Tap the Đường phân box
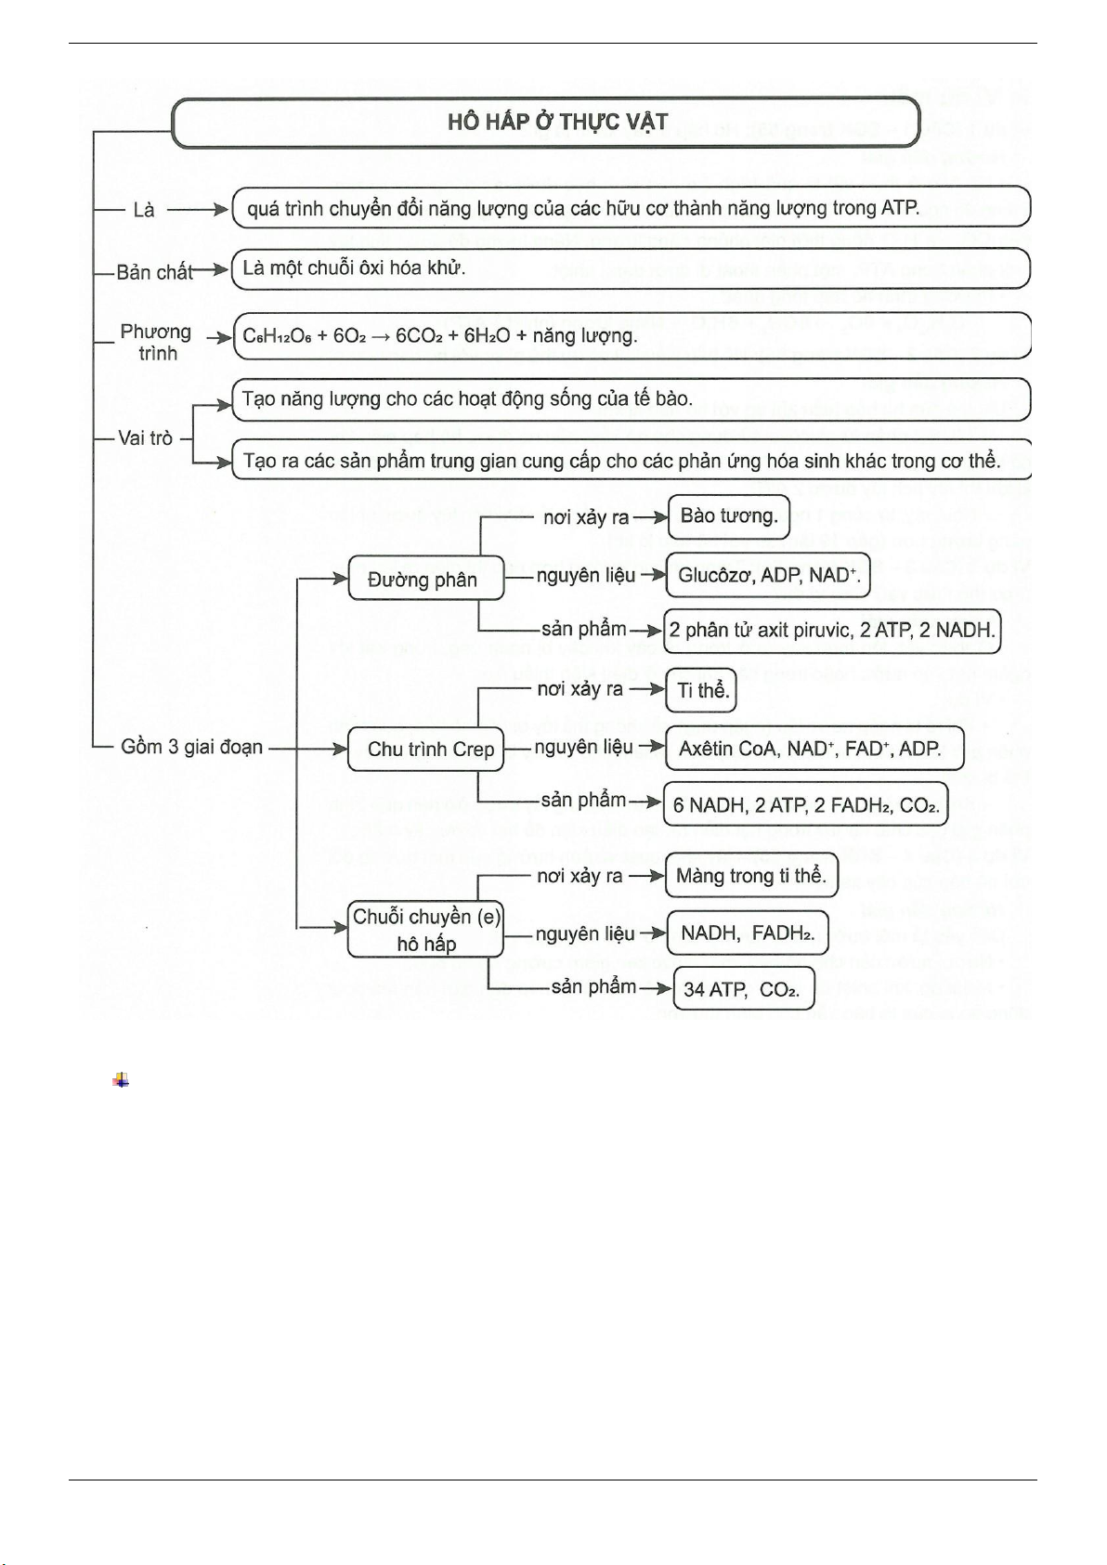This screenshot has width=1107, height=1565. [425, 579]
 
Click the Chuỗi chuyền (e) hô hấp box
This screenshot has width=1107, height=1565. [425, 930]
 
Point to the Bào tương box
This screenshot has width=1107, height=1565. [728, 517]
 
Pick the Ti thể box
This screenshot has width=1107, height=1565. [702, 690]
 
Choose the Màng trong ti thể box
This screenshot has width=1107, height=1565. [751, 876]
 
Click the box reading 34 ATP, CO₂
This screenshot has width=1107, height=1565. [741, 989]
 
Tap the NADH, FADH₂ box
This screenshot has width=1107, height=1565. [747, 933]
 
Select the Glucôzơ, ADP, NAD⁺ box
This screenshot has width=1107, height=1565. [768, 576]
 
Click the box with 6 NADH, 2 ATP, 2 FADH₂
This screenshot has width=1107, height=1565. [805, 804]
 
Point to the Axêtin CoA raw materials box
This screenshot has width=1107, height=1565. [814, 749]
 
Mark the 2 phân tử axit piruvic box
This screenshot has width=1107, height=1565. [831, 631]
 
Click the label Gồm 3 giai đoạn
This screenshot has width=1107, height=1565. [191, 747]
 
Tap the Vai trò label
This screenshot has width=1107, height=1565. [145, 437]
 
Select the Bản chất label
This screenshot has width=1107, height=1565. [154, 272]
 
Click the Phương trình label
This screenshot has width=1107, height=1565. [156, 342]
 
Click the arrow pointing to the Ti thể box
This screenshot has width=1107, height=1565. [653, 690]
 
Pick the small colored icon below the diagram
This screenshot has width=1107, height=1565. [121, 1080]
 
